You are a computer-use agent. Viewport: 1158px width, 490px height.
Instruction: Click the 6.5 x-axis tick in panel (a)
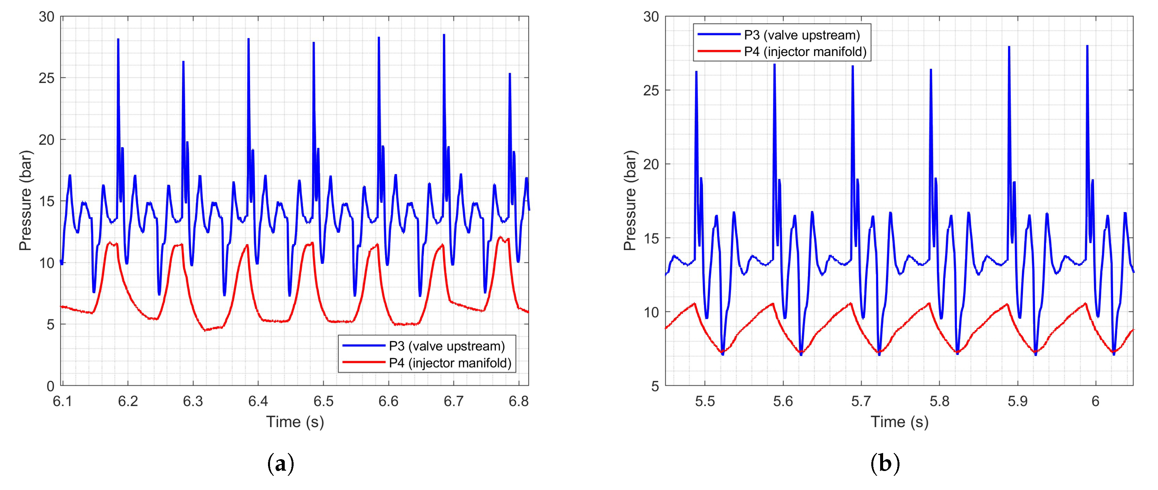click(x=323, y=401)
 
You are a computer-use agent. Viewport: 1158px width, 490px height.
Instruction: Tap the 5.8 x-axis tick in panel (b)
click(x=940, y=401)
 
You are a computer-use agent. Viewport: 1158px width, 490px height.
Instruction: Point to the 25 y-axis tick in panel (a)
click(x=47, y=78)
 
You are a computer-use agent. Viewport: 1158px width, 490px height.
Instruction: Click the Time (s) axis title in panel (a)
click(x=295, y=422)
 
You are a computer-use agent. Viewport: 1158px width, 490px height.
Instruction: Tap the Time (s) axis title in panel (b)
click(x=900, y=422)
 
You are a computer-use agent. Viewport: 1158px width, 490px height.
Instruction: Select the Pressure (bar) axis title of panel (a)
click(x=26, y=201)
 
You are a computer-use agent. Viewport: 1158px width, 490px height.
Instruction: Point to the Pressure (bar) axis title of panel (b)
click(x=630, y=201)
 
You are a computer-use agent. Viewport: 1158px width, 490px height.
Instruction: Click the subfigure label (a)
click(x=281, y=463)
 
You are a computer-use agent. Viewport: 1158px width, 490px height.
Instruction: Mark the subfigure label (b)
click(x=885, y=463)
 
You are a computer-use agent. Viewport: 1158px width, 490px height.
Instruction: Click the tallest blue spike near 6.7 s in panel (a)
click(x=444, y=35)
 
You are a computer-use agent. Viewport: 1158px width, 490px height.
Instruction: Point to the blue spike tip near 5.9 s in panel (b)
click(x=1009, y=47)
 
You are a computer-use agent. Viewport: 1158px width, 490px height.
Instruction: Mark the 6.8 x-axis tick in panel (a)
click(x=519, y=401)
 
